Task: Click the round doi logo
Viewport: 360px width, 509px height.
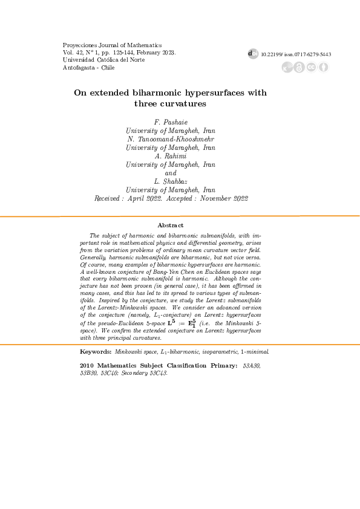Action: click(254, 54)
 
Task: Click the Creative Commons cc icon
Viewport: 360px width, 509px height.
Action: click(311, 66)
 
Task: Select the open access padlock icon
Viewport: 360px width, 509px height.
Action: click(299, 66)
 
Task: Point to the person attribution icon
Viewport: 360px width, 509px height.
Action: click(323, 66)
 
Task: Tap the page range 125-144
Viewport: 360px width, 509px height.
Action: click(122, 53)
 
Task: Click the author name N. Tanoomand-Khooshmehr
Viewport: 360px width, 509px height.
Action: click(171, 138)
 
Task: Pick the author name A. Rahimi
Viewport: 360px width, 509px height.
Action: click(171, 155)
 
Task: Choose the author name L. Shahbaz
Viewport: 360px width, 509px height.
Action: click(171, 181)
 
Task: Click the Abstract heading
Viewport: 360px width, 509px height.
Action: click(170, 225)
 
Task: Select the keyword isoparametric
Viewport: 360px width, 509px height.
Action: click(212, 351)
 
